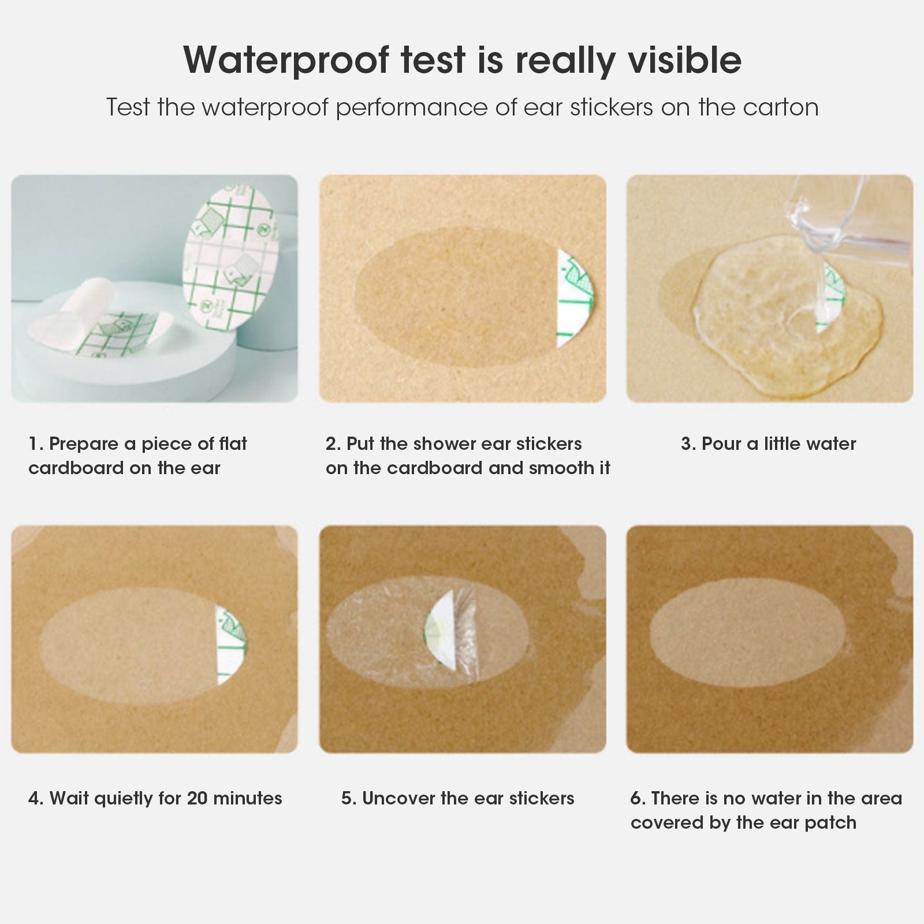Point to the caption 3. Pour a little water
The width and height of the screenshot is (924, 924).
coord(768,444)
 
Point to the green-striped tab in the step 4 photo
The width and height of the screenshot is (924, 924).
coord(230,644)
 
